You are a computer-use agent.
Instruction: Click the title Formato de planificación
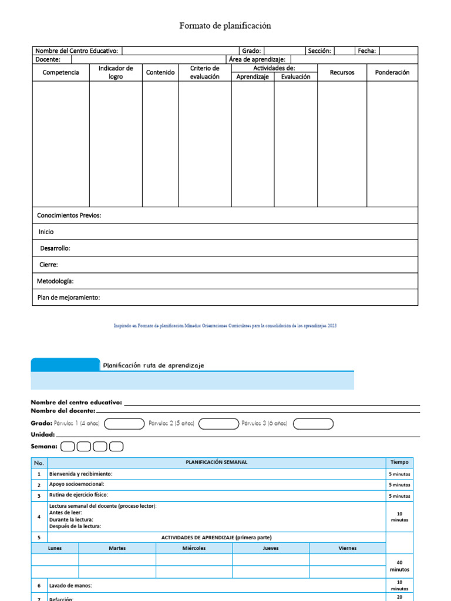(225, 26)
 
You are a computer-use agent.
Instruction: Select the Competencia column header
(60, 72)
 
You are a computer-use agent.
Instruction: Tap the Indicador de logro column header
(116, 72)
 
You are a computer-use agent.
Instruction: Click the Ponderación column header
(392, 72)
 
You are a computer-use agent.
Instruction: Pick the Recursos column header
(342, 72)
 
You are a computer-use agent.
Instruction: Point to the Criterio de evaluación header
(204, 72)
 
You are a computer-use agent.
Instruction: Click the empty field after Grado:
(284, 51)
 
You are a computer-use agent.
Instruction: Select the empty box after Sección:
(344, 51)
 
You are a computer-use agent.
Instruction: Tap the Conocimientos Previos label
(69, 215)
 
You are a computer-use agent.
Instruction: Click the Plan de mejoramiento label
(69, 298)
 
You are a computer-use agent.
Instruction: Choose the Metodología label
(55, 281)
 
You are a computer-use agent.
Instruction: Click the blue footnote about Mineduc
(225, 326)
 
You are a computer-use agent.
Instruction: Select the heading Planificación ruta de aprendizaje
(153, 365)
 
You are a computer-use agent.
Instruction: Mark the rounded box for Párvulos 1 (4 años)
(124, 423)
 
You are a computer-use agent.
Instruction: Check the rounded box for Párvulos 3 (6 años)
(313, 423)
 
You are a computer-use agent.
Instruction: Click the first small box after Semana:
(68, 447)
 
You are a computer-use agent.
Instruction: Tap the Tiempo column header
(399, 462)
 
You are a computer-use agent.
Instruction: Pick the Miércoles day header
(194, 548)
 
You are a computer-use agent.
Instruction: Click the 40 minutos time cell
(399, 565)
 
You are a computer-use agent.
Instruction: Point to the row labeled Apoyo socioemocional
(77, 485)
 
